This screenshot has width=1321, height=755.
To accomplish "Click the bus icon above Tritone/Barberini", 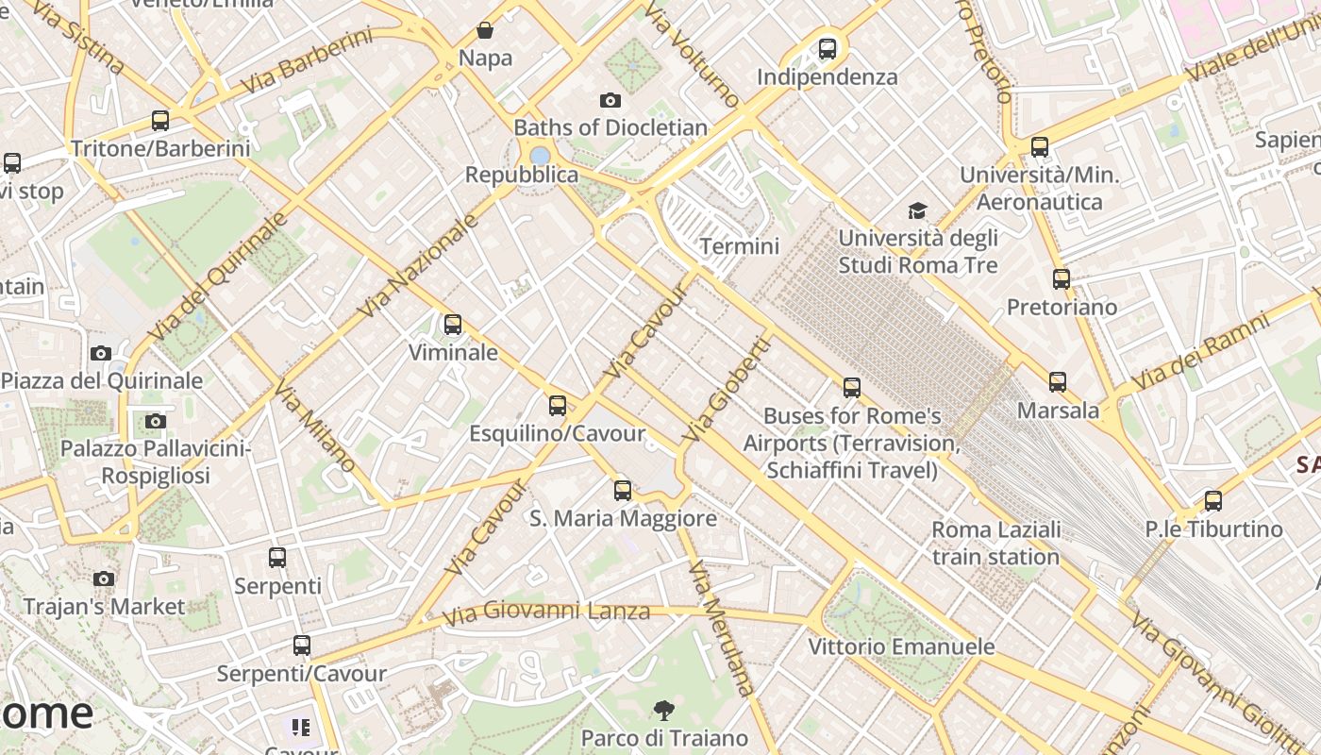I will click(160, 121).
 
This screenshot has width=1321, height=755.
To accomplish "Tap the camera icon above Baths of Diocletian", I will click(610, 100).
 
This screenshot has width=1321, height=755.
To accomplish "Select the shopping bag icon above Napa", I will click(485, 30).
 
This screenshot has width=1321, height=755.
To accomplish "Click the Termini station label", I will click(740, 246).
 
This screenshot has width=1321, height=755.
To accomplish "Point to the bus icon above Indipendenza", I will click(828, 48).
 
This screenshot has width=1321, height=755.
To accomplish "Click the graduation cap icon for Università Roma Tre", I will click(917, 210).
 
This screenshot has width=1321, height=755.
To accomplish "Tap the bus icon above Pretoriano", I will click(1062, 279).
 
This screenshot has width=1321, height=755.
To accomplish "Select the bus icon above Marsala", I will click(1058, 382).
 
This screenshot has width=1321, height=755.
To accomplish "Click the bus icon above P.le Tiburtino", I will click(1213, 501).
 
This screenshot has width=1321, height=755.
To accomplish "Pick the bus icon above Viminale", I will click(453, 325).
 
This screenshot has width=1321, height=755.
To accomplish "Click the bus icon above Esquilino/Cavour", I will click(558, 406).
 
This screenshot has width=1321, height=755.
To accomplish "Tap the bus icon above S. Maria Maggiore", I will click(623, 491).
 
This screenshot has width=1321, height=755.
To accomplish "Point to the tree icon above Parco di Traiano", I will click(664, 711).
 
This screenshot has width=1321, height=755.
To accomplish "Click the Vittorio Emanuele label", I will click(901, 646).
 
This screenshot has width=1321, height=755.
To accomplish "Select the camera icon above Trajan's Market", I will click(104, 579).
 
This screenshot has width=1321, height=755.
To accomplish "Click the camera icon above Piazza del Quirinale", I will click(101, 354).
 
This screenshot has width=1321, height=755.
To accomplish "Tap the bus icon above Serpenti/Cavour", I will click(302, 646).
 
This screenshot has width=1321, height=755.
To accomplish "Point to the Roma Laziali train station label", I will click(995, 543).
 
